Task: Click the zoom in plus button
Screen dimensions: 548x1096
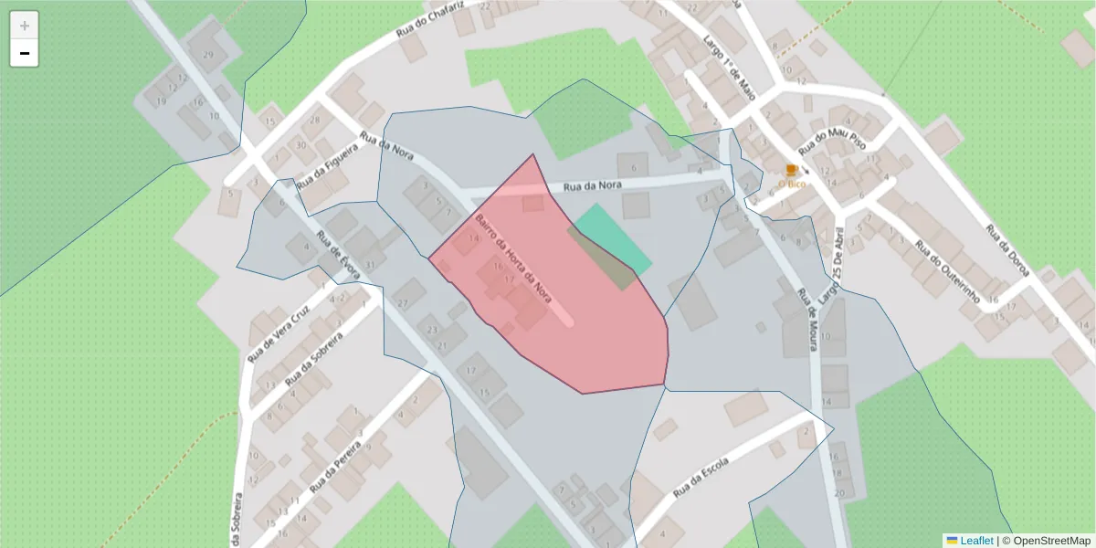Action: pos(25,26)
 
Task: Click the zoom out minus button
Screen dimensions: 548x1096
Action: pos(25,54)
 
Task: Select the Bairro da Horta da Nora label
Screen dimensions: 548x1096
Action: pos(513,258)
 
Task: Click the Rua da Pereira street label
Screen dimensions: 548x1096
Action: pos(338,462)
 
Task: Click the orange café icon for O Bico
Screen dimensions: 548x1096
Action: pos(791,171)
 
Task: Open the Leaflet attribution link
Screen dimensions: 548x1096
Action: pos(975,541)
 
